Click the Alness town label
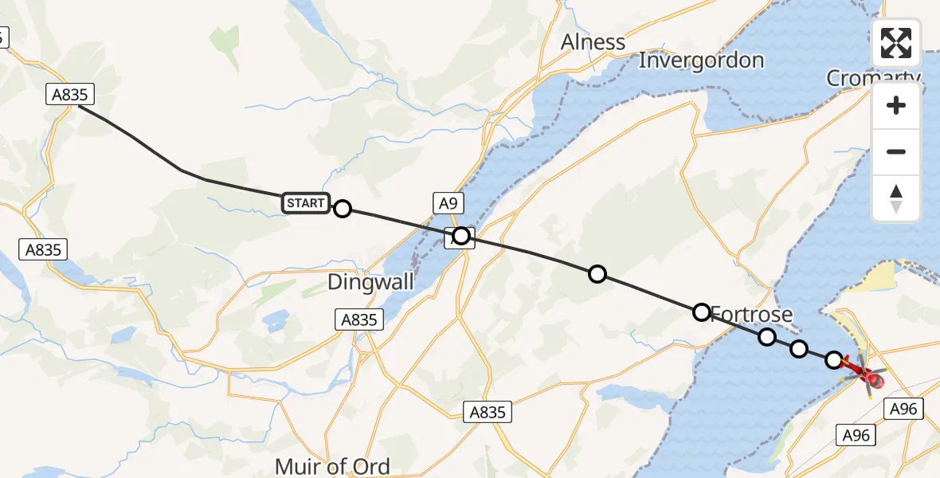[593, 41]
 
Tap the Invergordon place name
[701, 61]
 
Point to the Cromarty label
[871, 77]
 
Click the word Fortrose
[752, 314]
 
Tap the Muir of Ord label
[332, 465]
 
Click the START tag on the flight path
[304, 203]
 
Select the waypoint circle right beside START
[343, 209]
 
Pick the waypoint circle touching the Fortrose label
[701, 311]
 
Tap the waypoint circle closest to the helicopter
[834, 360]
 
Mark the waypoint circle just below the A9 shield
[461, 235]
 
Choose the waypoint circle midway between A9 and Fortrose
[597, 274]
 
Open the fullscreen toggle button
[896, 42]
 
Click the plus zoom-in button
[896, 105]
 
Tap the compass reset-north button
[896, 198]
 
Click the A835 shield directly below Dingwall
[358, 319]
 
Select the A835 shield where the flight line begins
[70, 95]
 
